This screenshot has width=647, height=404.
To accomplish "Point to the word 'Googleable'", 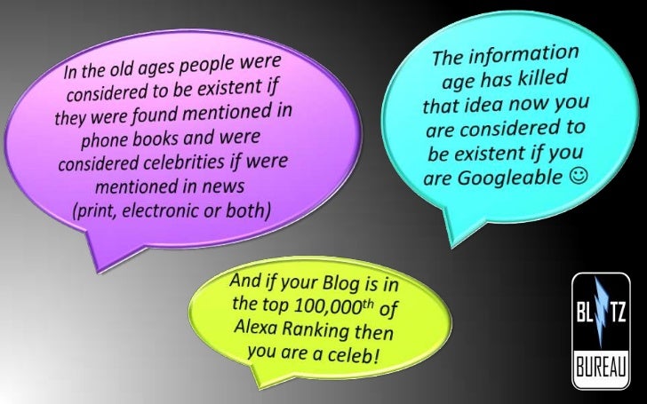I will click(512, 178).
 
